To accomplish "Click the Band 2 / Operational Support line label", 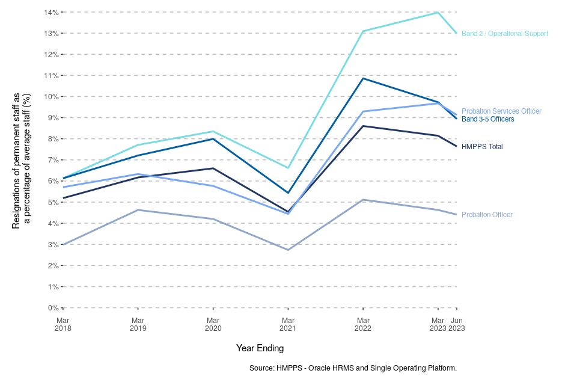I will click(504, 34).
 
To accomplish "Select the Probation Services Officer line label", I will click(501, 111).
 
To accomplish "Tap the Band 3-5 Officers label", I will click(487, 119).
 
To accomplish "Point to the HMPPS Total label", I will click(482, 147).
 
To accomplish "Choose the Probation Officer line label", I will click(487, 215).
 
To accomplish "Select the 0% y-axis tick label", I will click(52, 308).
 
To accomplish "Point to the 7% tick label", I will click(52, 160).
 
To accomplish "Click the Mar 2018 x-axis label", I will click(63, 324).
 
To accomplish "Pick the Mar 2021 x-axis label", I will click(288, 324).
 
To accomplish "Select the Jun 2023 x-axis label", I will click(457, 324).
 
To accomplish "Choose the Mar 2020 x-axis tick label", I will click(213, 324).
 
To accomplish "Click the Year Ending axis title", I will click(260, 348).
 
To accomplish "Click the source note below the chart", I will click(353, 368).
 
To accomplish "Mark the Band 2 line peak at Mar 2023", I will click(438, 12).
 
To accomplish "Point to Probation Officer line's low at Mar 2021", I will click(288, 250).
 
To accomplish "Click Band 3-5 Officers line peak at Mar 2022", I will click(363, 78).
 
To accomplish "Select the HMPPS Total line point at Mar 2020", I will click(213, 168).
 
